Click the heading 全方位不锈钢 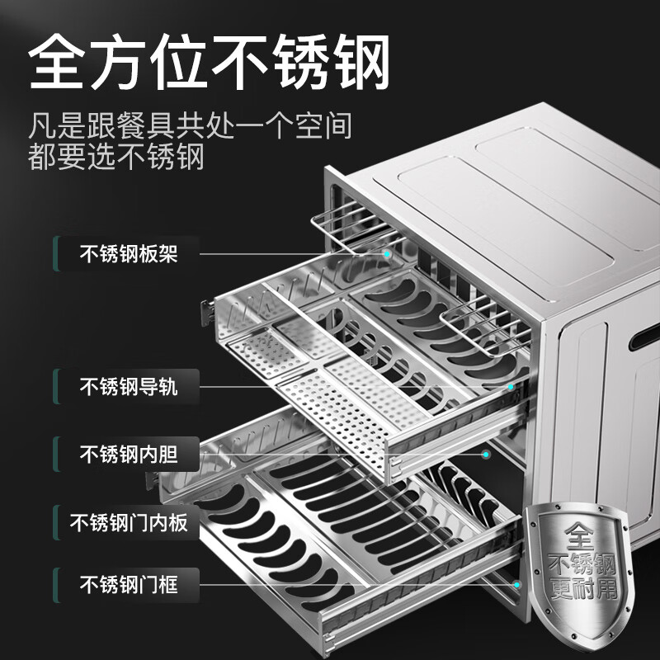[210, 62]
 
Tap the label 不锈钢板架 [129, 254]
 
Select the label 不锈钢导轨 [129, 386]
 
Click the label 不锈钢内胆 [129, 455]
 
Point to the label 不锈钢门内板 [129, 523]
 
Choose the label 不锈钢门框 [129, 585]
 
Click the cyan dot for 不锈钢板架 [387, 254]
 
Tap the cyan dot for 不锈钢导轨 [511, 387]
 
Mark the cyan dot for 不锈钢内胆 [486, 455]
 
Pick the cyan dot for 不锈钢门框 [517, 585]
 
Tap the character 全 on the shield [580, 535]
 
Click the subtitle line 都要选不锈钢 [116, 157]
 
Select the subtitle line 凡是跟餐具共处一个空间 [190, 125]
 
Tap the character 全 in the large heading [57, 62]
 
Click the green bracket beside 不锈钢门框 [56, 585]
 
